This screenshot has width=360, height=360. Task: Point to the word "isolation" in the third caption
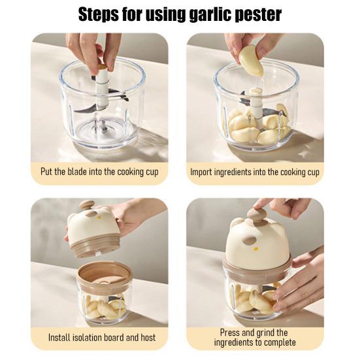97,338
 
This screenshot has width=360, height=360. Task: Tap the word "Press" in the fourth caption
227,333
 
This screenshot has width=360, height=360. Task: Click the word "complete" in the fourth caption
280,342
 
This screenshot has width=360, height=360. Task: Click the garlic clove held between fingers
251,59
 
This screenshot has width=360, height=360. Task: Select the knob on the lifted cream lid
86,207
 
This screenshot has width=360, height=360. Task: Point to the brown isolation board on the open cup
105,274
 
